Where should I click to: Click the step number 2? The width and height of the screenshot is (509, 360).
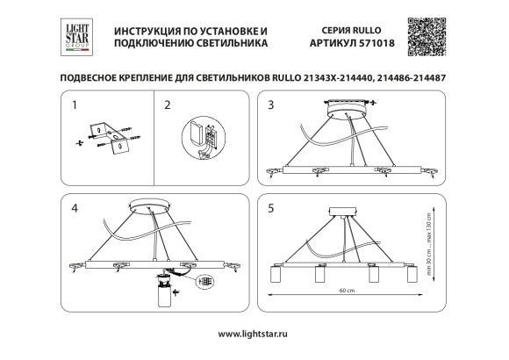pos(167,107)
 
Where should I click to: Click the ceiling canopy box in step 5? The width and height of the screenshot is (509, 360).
pos(342,212)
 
